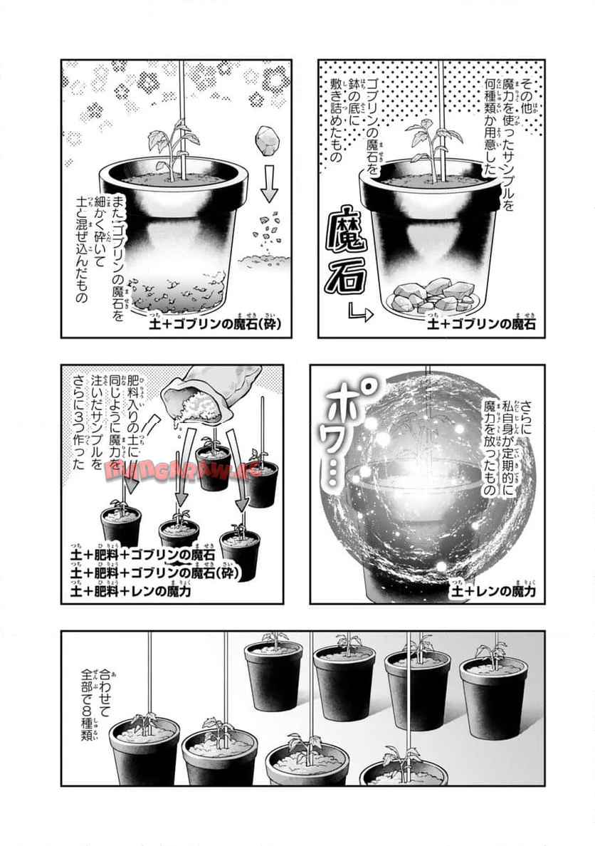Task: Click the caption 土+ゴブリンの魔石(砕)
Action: (x=214, y=325)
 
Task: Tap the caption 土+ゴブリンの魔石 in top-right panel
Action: (x=481, y=325)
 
